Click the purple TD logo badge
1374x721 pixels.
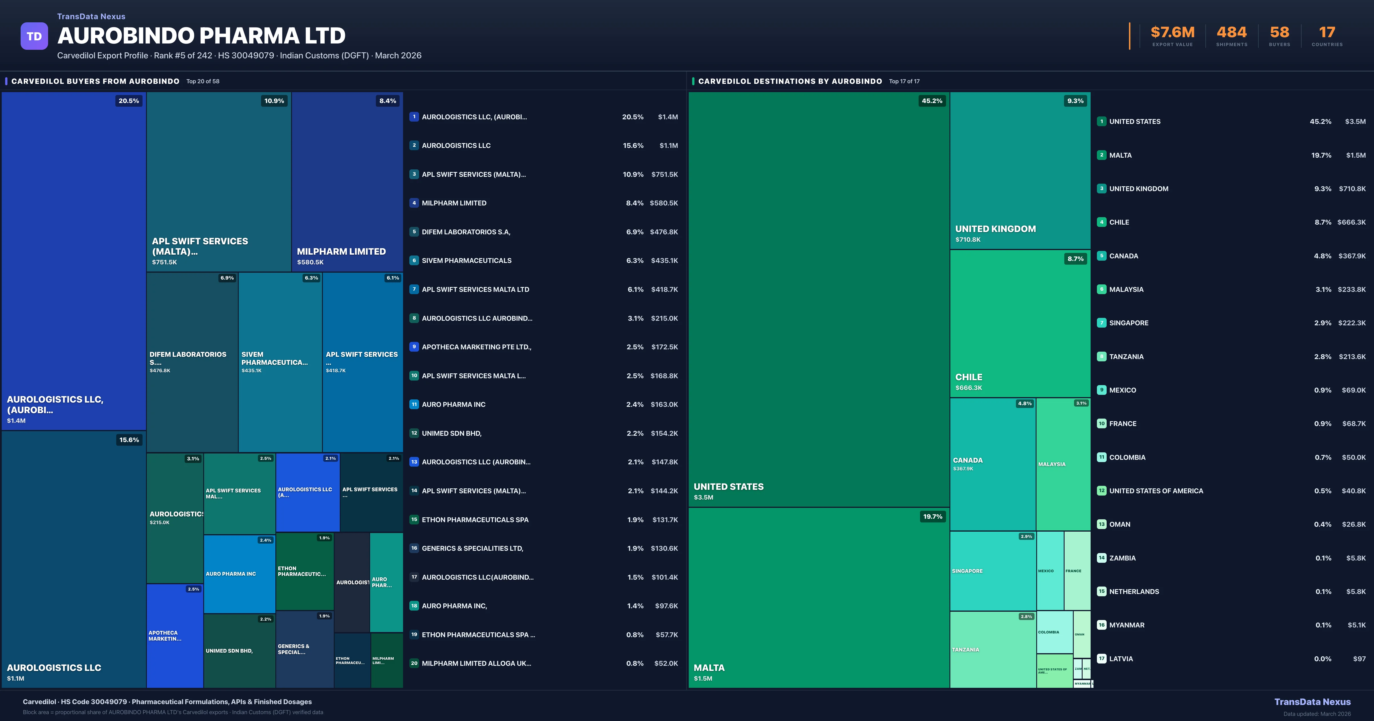pyautogui.click(x=34, y=36)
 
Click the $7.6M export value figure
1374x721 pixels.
pyautogui.click(x=1172, y=33)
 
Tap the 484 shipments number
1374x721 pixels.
pyautogui.click(x=1231, y=33)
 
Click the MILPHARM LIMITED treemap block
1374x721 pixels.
pyautogui.click(x=347, y=181)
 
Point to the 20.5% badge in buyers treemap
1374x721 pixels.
pyautogui.click(x=129, y=101)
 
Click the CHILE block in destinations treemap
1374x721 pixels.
pyautogui.click(x=1020, y=324)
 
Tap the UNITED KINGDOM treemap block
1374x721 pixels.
pyautogui.click(x=1020, y=171)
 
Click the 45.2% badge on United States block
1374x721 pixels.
pyautogui.click(x=932, y=101)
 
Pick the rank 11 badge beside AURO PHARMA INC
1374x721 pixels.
pyautogui.click(x=414, y=404)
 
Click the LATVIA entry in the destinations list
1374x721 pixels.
pyautogui.click(x=1121, y=659)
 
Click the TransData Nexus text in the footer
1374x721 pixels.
pyautogui.click(x=1312, y=702)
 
